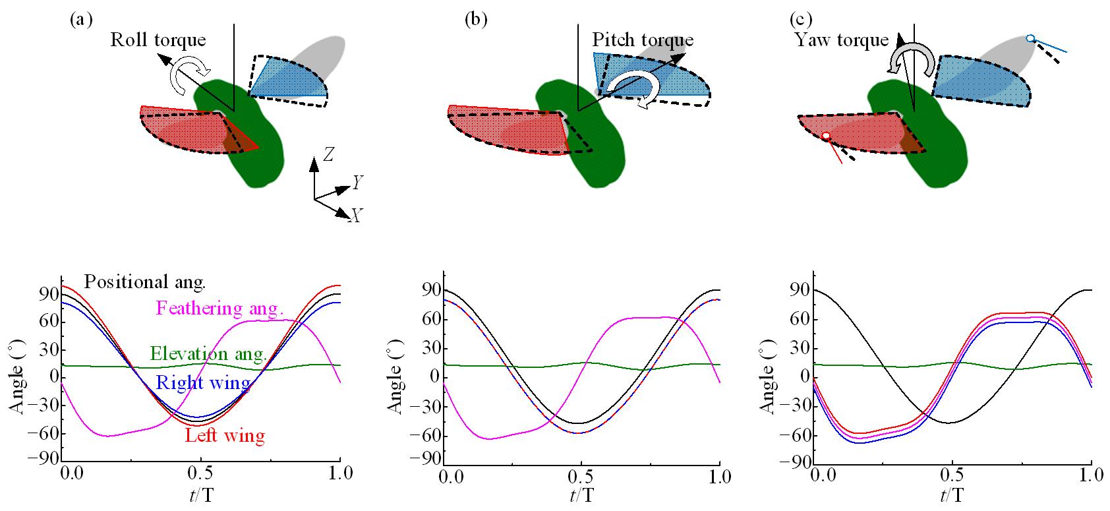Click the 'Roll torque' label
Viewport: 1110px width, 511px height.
[x=158, y=40]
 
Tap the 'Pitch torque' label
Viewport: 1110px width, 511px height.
[x=643, y=40]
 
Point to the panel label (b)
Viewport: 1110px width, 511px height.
[x=476, y=19]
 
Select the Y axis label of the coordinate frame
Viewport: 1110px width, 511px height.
[x=359, y=183]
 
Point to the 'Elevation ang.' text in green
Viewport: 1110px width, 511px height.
[x=208, y=353]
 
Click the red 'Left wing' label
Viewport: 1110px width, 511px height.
[x=225, y=436]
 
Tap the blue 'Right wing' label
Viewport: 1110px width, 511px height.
[x=202, y=384]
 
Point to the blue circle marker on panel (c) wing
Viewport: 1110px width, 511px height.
[x=1031, y=39]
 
